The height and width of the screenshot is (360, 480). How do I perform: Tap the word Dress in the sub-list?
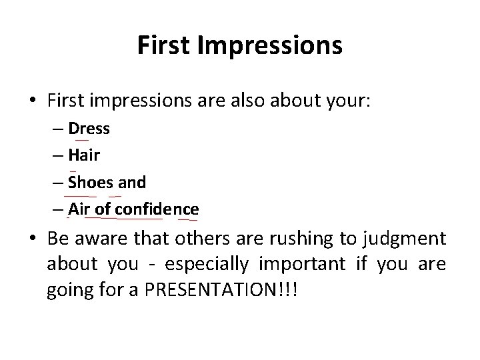[89, 128]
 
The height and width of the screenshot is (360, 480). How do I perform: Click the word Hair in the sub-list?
[85, 155]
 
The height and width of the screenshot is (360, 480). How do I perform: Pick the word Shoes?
[91, 182]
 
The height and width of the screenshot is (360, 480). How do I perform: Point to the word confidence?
[157, 209]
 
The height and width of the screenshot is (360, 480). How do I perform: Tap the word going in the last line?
[67, 294]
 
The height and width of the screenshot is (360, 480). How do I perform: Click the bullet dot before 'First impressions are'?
[35, 100]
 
